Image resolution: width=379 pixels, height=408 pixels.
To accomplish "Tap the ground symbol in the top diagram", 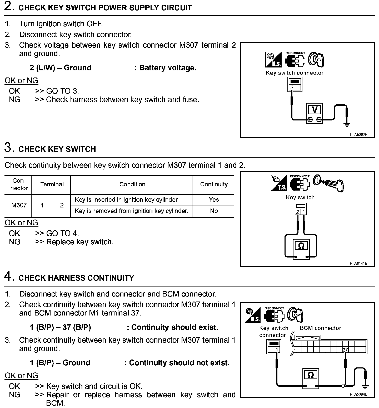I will coord(347,124).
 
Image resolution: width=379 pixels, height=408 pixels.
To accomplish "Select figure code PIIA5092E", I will coord(358,135).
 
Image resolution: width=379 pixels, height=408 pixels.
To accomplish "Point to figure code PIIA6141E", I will coord(358,263).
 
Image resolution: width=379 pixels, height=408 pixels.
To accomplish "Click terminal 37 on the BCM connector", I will coord(345,350).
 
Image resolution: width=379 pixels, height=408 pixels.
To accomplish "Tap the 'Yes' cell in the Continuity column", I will coord(213,200).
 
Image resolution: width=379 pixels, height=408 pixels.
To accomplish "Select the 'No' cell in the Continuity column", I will coord(213,211).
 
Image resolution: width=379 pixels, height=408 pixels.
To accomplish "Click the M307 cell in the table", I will coord(19,205).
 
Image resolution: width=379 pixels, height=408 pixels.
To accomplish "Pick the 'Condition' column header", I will coord(132,184).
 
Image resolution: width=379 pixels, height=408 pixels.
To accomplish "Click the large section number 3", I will coord(8,148).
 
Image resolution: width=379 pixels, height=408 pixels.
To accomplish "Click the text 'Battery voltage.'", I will coord(168,68).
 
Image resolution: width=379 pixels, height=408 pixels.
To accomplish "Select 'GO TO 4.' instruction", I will coord(62,233).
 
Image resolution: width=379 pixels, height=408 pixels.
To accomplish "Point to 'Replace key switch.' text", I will coord(80,242).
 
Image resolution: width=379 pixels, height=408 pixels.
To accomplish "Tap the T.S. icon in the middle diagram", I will coord(279,183).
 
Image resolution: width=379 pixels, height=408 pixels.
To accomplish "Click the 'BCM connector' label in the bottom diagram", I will coord(320,328).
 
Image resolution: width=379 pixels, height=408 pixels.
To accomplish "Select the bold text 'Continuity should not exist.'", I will coord(179,363).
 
